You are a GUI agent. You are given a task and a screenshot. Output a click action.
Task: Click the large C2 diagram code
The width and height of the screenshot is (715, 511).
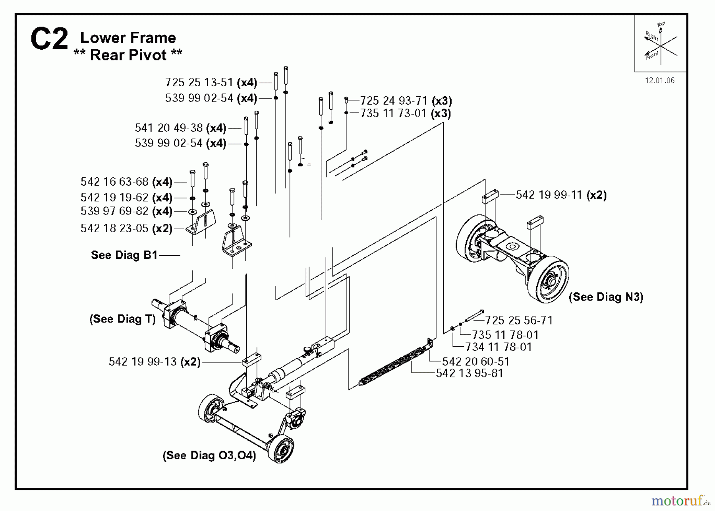pos(49,40)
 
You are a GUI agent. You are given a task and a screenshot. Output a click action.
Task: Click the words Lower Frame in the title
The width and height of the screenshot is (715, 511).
pos(128,38)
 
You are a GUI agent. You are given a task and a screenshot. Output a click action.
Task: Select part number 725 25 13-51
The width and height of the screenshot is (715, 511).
pos(199,82)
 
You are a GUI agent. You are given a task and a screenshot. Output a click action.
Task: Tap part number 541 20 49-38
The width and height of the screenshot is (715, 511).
pos(169,128)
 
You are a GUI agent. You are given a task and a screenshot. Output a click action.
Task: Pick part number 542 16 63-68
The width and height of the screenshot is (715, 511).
pos(114,182)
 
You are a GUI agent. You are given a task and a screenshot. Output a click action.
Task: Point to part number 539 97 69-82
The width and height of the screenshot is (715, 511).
pos(114,211)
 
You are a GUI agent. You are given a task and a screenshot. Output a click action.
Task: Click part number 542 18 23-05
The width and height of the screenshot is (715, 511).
pos(114,228)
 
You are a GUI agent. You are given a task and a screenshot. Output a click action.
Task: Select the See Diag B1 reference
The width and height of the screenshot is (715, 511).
pos(124,255)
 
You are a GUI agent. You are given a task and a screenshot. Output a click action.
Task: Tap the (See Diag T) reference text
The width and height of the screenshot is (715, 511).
pos(123,319)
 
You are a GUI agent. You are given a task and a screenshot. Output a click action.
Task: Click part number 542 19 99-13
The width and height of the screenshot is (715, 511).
pos(143,361)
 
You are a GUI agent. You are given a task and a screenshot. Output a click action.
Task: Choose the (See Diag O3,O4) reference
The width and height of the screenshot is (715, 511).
pos(209,455)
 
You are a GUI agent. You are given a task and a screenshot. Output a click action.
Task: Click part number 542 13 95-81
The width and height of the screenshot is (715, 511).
pos(470,373)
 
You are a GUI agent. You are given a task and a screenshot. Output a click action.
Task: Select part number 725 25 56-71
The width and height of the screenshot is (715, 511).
pos(519,320)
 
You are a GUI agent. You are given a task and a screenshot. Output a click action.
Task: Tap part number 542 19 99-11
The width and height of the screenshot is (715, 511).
pos(549,195)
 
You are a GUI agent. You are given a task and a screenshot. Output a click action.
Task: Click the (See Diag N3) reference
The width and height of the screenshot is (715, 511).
pos(606,297)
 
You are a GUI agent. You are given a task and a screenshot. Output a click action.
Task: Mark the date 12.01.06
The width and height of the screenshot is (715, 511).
pos(659,81)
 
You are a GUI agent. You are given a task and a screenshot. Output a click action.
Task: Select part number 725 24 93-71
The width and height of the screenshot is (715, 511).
pos(394,101)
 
